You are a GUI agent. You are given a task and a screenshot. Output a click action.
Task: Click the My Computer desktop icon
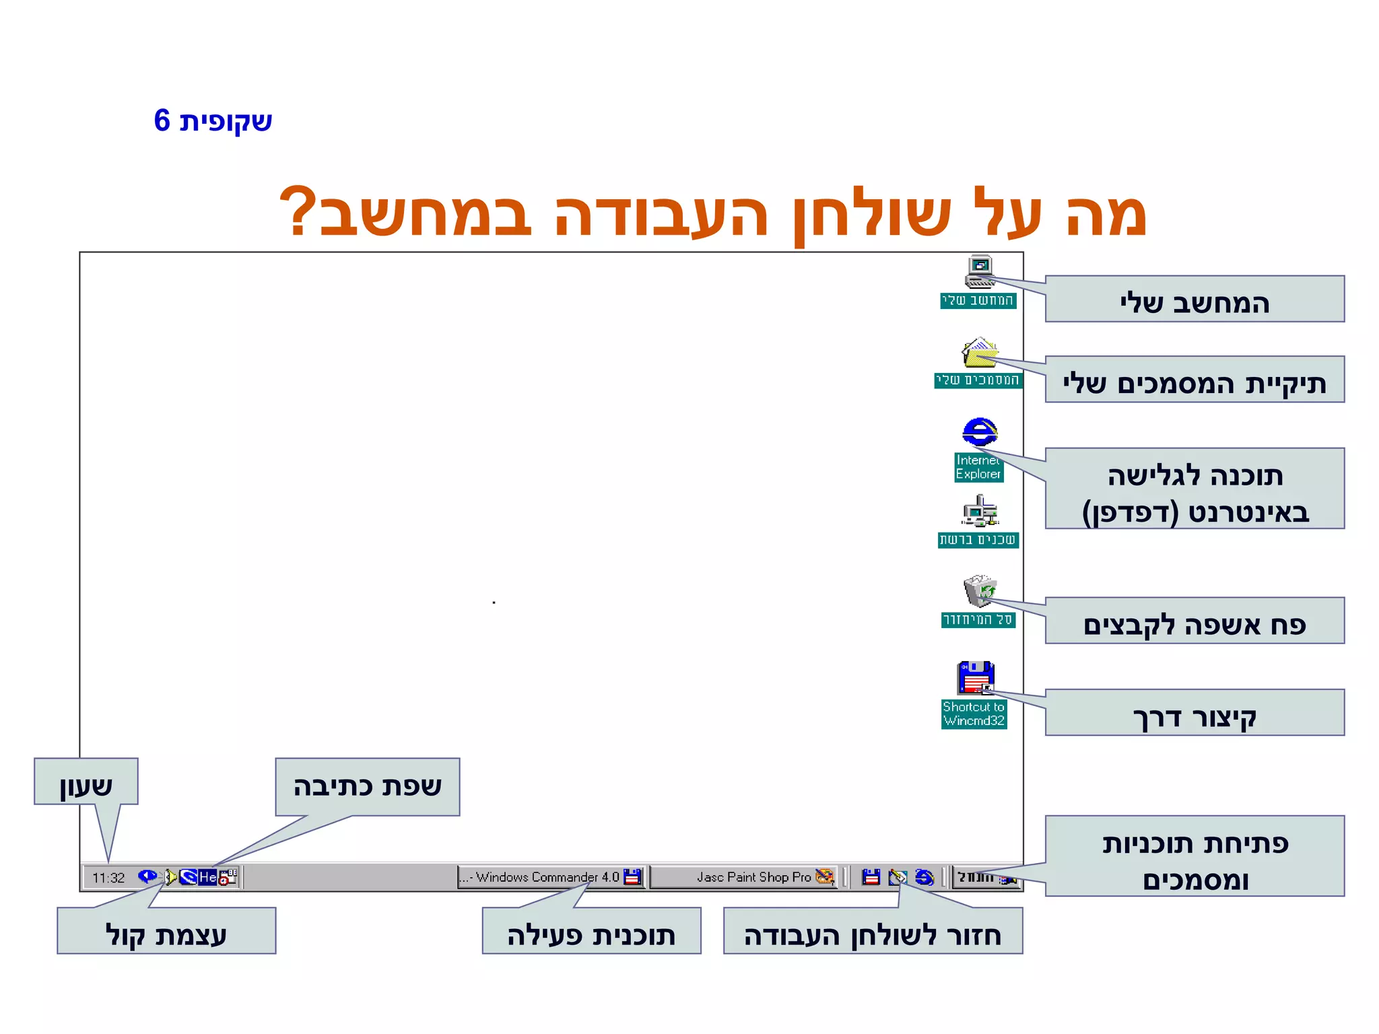tap(979, 272)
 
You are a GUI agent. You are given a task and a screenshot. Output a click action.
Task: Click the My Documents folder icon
tap(979, 353)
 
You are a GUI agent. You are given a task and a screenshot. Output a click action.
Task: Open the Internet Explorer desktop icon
tap(979, 432)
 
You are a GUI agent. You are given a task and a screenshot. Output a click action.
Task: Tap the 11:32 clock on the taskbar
tap(108, 878)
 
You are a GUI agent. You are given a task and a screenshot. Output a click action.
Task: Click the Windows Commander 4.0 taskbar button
tap(551, 877)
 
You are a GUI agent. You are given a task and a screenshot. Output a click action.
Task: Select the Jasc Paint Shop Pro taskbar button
tap(744, 877)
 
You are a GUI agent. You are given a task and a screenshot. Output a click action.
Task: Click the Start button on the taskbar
tap(986, 877)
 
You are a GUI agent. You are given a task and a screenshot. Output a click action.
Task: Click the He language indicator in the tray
tap(207, 877)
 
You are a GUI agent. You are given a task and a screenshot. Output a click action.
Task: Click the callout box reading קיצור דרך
tap(1194, 713)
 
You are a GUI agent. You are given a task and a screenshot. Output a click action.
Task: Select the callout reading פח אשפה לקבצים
tap(1194, 621)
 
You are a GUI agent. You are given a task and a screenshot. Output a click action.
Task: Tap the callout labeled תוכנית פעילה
tap(591, 931)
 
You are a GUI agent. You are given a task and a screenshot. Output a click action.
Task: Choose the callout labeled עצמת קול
tap(166, 931)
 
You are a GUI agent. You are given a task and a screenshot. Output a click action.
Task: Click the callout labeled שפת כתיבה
tap(368, 787)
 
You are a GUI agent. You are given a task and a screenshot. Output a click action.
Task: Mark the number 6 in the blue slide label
tap(162, 121)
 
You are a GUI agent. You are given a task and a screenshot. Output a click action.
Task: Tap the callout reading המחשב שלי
tap(1194, 300)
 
